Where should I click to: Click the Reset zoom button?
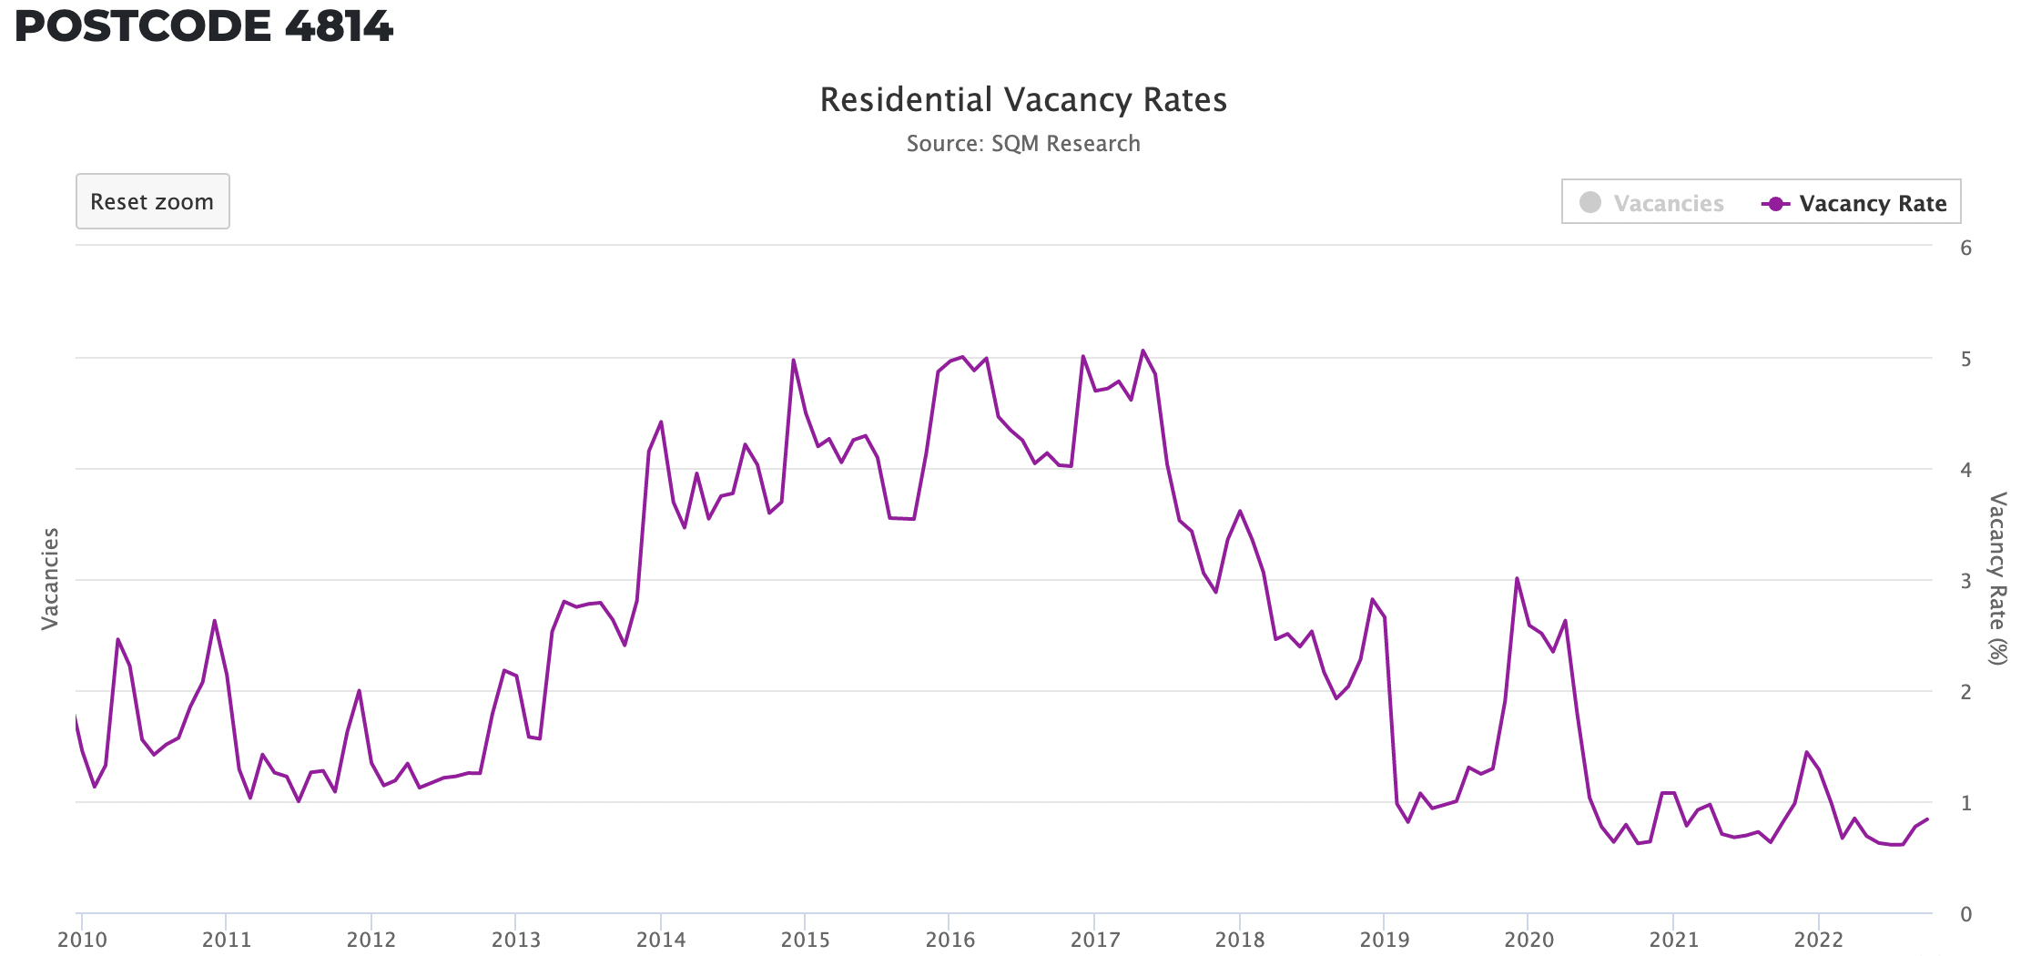click(x=152, y=201)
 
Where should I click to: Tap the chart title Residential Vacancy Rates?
click(x=1023, y=99)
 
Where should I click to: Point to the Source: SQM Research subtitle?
click(x=1023, y=144)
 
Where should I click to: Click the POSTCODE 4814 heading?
click(x=204, y=25)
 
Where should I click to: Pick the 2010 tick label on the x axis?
click(x=82, y=940)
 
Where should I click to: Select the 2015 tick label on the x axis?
click(x=805, y=940)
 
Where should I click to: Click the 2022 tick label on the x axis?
click(x=1818, y=940)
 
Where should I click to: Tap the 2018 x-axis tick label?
click(x=1239, y=940)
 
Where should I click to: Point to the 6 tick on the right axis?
click(x=1966, y=248)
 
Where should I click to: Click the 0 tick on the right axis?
click(x=1966, y=914)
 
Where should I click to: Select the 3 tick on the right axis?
click(x=1966, y=581)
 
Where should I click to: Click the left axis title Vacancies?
click(x=50, y=579)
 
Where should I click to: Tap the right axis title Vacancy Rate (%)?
click(x=1997, y=579)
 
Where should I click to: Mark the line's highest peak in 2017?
click(x=1143, y=351)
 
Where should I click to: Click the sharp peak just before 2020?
click(x=1517, y=578)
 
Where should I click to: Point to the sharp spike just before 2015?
click(x=794, y=360)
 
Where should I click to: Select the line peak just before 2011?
click(x=215, y=621)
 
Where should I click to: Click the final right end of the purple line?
click(x=1927, y=819)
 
